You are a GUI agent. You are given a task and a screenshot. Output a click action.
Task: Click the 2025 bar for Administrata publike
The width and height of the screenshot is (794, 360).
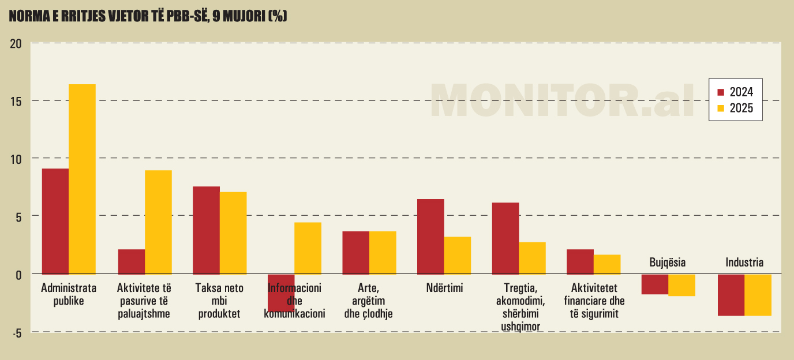82,179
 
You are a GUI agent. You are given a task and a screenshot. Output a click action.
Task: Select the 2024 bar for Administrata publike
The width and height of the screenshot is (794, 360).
55,221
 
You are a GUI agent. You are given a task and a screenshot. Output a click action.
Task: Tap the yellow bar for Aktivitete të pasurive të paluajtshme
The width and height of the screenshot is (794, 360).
158,222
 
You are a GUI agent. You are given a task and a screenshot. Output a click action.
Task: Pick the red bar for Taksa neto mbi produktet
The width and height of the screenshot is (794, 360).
206,230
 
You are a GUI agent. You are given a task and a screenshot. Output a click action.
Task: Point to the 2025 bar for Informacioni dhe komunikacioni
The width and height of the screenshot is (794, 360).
308,247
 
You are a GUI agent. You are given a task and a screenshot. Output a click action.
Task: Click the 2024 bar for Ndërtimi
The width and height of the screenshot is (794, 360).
430,236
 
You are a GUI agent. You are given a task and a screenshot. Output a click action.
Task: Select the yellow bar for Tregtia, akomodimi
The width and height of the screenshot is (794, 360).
532,257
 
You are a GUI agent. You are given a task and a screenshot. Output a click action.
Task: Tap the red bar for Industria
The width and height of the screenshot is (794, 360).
731,295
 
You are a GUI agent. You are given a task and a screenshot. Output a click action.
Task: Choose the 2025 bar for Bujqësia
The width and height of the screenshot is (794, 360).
681,285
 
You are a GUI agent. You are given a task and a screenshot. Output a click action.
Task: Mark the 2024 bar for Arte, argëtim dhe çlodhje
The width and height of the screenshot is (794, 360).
355,252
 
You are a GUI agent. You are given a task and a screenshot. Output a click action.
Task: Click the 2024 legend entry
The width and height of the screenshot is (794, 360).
735,92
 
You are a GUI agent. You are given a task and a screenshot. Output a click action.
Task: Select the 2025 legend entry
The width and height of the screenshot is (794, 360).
735,108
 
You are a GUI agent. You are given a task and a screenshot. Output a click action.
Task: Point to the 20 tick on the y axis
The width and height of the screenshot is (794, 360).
15,44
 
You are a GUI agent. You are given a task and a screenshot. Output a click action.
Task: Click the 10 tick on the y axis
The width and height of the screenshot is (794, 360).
15,159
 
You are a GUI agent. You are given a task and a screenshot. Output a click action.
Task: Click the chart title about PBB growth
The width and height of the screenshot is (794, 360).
148,17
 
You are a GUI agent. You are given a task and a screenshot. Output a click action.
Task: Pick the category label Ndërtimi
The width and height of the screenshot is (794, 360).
444,288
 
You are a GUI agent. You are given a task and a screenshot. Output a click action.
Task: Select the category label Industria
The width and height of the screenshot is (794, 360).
744,262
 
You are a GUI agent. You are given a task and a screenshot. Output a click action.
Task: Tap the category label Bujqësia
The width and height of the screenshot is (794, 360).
668,262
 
